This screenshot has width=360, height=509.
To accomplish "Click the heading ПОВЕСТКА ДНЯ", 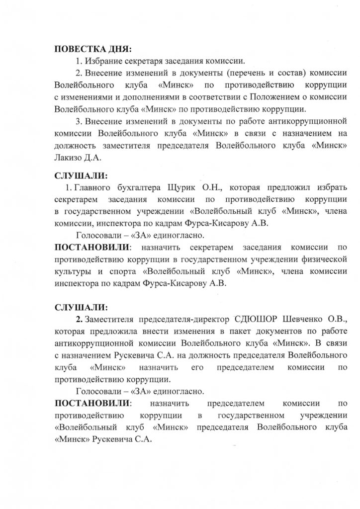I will pyautogui.click(x=93, y=50).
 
